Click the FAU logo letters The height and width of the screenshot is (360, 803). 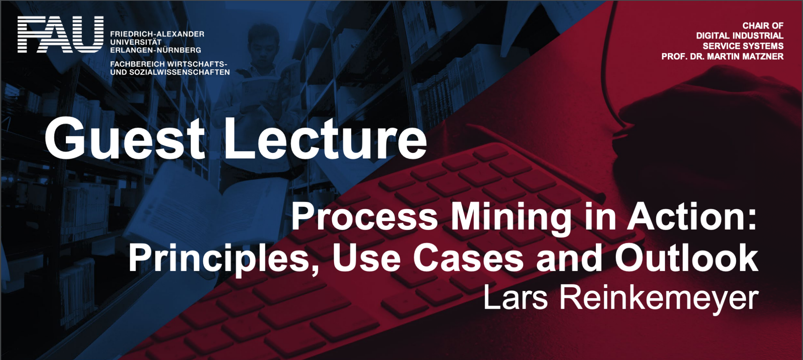point(61,35)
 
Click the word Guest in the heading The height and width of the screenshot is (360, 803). point(125,138)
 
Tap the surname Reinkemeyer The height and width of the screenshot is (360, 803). point(659,299)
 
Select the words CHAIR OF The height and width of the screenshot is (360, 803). point(763,26)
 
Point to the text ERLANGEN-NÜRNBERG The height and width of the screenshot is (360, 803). point(156,50)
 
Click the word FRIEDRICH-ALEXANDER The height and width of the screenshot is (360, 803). point(157,34)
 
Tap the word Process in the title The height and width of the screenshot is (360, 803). point(364,217)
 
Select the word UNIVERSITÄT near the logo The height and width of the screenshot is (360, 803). point(136,42)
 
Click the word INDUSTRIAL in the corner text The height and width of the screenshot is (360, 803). point(759,36)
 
